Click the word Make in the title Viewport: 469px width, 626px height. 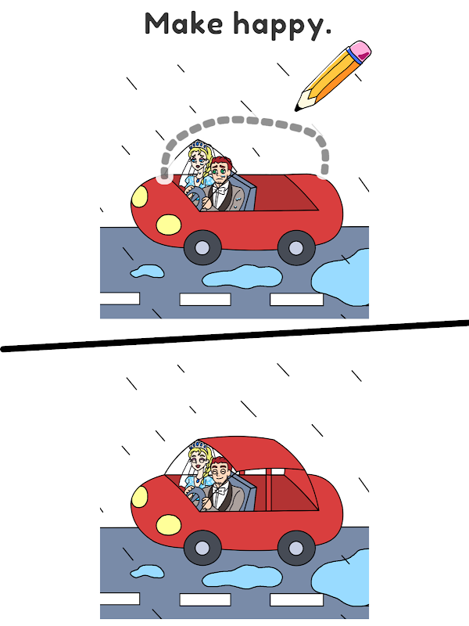click(184, 23)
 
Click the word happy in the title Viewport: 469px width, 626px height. click(280, 26)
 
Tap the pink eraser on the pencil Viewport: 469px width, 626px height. click(360, 51)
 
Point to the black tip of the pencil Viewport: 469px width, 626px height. click(297, 108)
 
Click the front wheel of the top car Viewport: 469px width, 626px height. click(202, 247)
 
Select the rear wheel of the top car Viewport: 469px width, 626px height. click(296, 247)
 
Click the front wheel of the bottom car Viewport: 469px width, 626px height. click(202, 547)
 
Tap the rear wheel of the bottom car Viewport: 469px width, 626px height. click(296, 548)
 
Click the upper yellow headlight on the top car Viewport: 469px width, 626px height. click(140, 197)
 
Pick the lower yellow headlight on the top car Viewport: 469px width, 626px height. click(168, 225)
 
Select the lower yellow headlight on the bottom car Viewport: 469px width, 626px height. click(168, 525)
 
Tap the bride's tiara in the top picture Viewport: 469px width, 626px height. click(199, 144)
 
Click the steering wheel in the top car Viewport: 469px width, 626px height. click(196, 199)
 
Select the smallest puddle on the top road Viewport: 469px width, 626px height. click(147, 272)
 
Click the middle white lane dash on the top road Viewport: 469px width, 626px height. click(205, 300)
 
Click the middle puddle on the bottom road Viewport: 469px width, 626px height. click(242, 577)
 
